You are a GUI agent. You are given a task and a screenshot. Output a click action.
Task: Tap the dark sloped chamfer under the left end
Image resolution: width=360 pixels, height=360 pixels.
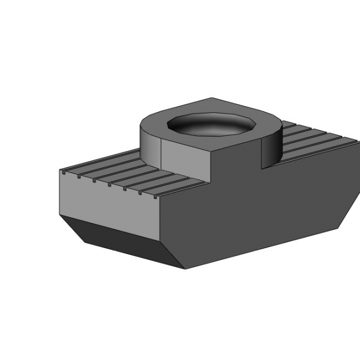[122, 238]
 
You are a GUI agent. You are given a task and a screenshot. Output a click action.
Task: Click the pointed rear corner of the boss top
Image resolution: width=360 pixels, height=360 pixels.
[210, 98]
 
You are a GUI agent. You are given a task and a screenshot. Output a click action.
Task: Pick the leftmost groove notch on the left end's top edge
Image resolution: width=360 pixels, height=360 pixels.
[66, 172]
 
